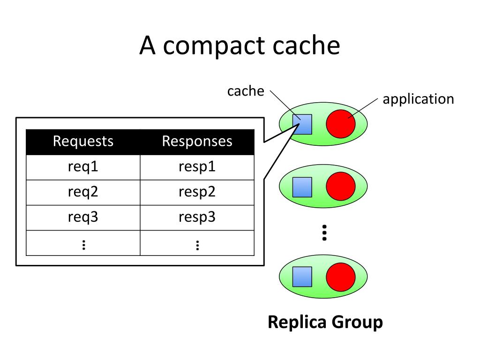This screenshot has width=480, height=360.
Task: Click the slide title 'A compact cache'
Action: pyautogui.click(x=240, y=45)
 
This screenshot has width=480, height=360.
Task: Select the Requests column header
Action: pyautogui.click(x=83, y=141)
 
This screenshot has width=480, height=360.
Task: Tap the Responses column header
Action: pyautogui.click(x=197, y=141)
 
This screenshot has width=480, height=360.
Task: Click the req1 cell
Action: pyautogui.click(x=83, y=167)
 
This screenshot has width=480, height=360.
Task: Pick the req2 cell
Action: pyautogui.click(x=83, y=192)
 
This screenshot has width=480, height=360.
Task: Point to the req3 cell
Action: pyautogui.click(x=83, y=217)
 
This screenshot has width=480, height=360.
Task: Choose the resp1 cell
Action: pyautogui.click(x=197, y=167)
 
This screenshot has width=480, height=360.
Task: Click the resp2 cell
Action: pyautogui.click(x=197, y=192)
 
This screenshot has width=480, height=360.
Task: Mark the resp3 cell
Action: pyautogui.click(x=197, y=217)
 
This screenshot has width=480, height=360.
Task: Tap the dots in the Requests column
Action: pyautogui.click(x=83, y=245)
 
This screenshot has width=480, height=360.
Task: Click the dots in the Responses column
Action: pyautogui.click(x=197, y=245)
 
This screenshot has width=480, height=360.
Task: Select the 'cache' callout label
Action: pyautogui.click(x=246, y=91)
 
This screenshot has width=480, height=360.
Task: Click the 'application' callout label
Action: pyautogui.click(x=418, y=99)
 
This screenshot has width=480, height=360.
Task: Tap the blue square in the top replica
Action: pyautogui.click(x=302, y=124)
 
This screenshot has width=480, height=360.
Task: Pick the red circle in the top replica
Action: pyautogui.click(x=341, y=124)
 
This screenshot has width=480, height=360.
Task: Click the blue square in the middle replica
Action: pyautogui.click(x=302, y=187)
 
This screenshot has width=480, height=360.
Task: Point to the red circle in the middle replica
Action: pyautogui.click(x=341, y=186)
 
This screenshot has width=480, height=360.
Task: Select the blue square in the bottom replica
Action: pyautogui.click(x=302, y=277)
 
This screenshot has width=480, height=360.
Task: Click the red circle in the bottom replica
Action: pyautogui.click(x=341, y=277)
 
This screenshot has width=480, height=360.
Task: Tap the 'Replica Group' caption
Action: pyautogui.click(x=325, y=322)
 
